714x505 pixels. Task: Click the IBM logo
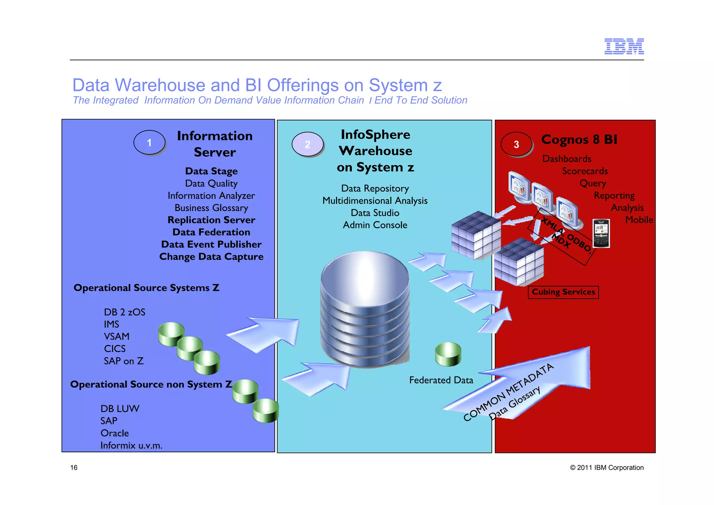(624, 46)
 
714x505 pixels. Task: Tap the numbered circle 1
(149, 142)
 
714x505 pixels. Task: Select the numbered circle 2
(307, 144)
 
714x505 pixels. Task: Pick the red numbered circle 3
(516, 144)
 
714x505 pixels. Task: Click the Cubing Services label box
(563, 292)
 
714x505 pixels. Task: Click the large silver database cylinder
(365, 307)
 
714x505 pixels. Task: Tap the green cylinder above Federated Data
(448, 354)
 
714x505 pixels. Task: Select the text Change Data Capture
(211, 257)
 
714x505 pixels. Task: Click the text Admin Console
(375, 225)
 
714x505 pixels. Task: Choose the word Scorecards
(585, 171)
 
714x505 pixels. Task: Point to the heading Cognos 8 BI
(579, 139)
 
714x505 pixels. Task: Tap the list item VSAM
(116, 336)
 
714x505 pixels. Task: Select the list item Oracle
(115, 433)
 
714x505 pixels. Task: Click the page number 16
(74, 468)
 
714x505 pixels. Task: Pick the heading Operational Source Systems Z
(146, 288)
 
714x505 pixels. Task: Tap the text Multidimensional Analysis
(375, 201)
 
